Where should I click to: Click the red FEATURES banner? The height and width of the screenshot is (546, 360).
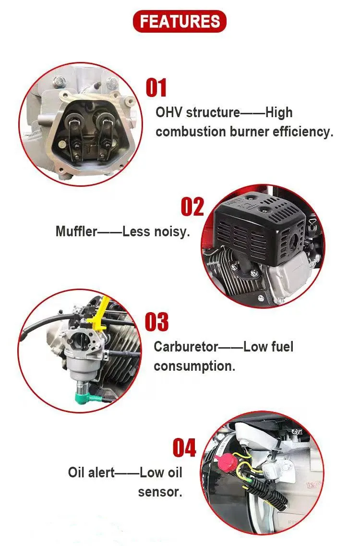180,21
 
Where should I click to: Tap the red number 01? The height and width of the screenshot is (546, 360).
156,87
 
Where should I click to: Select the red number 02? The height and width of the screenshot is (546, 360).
192,207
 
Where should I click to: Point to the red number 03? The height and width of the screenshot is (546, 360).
156,322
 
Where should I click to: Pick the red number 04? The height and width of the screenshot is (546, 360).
184,448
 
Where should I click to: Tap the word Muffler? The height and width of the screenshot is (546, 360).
76,231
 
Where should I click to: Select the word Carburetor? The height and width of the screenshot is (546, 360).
186,347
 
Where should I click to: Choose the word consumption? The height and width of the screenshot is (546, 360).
194,367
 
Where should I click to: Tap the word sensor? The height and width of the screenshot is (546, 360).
160,492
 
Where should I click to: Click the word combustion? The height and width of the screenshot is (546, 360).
191,132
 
